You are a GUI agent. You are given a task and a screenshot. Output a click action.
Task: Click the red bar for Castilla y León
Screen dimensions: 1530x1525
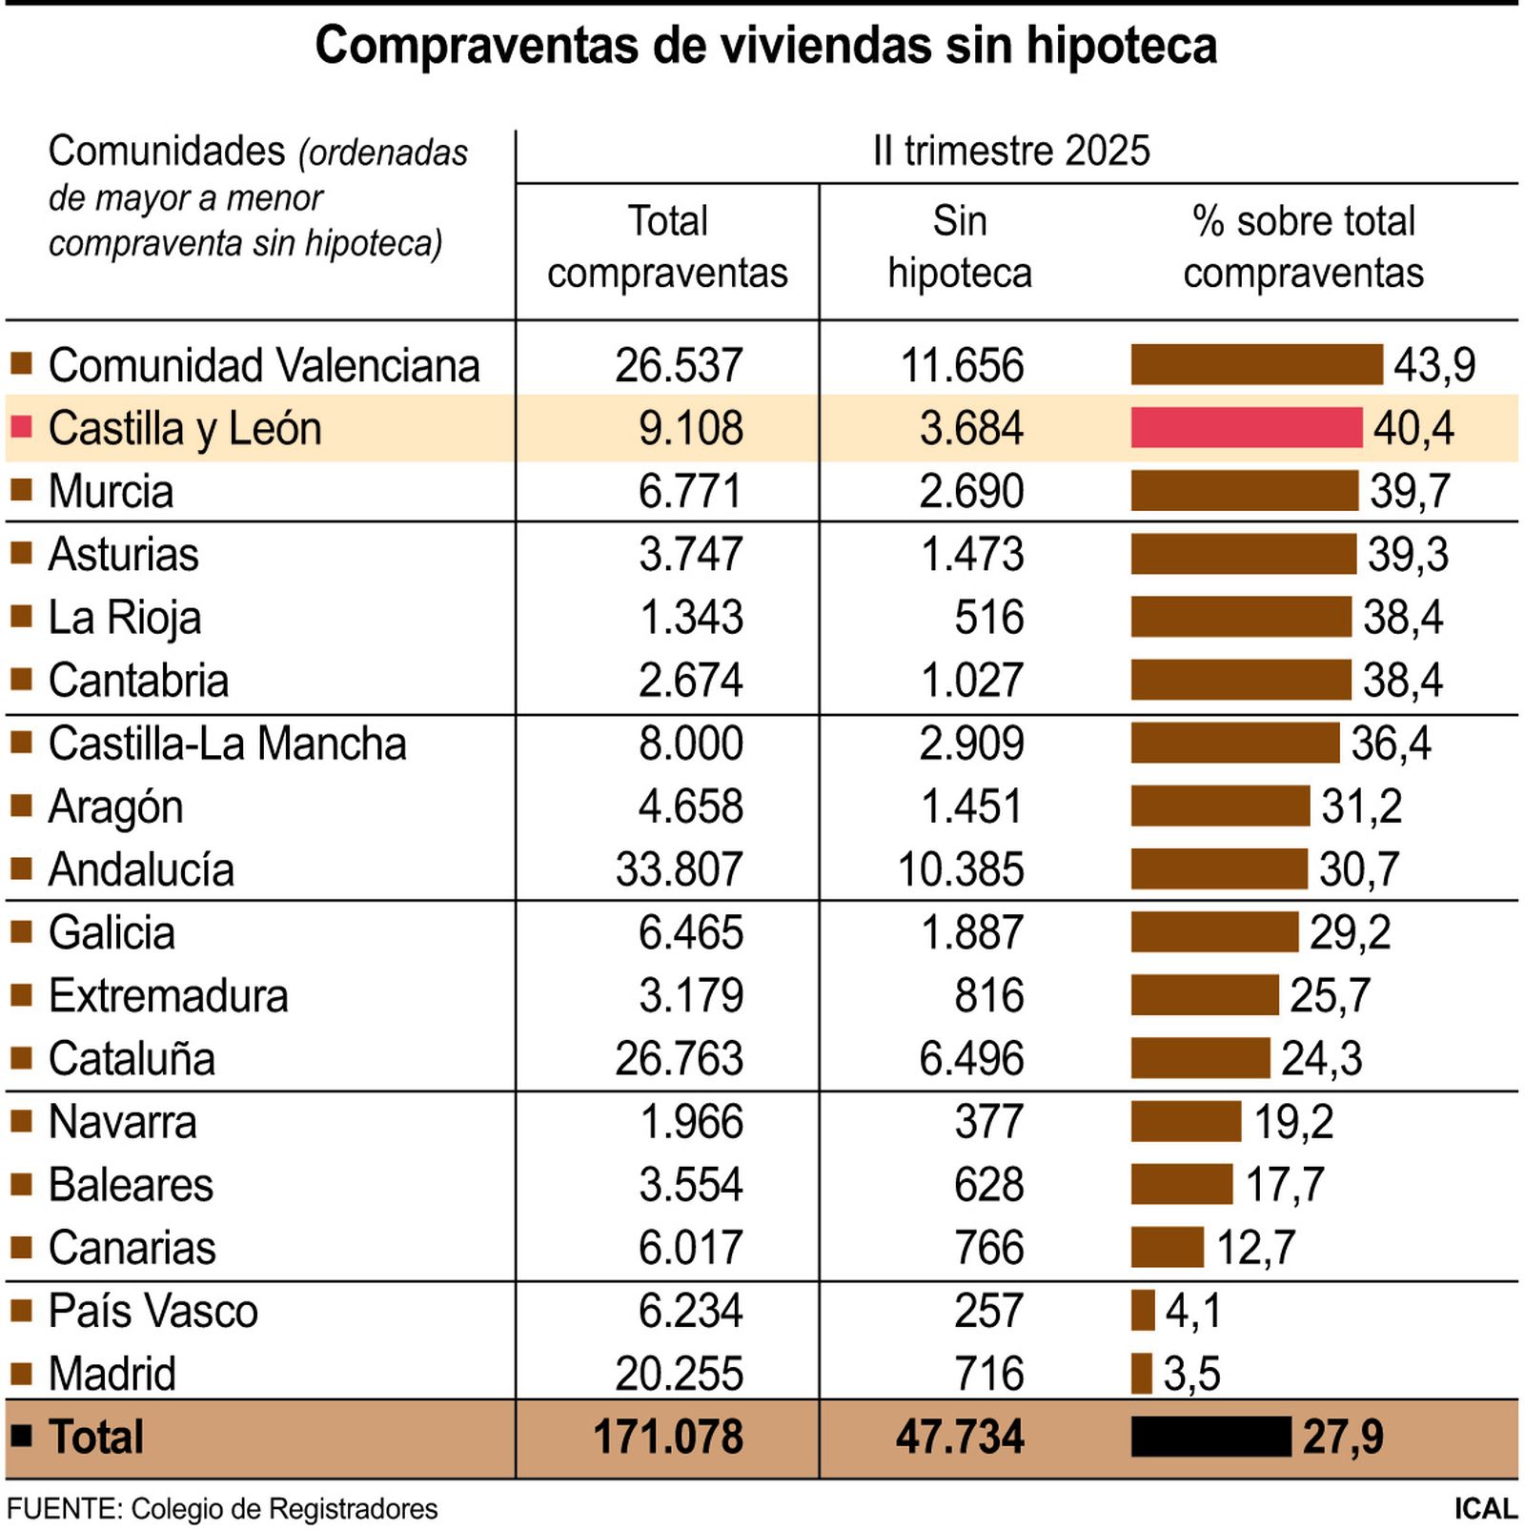[x=1246, y=427]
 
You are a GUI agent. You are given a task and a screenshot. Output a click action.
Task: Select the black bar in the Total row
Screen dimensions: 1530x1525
[x=1210, y=1437]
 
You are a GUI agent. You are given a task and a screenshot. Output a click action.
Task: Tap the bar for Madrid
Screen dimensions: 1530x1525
[x=1141, y=1374]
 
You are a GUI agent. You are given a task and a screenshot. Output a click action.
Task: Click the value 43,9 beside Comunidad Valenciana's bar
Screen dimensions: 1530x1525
[x=1434, y=365]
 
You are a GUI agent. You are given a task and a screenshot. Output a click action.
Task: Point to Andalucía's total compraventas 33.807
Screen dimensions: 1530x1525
[x=679, y=869]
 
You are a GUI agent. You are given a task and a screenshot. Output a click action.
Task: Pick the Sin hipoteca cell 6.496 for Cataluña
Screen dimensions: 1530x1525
[x=971, y=1058]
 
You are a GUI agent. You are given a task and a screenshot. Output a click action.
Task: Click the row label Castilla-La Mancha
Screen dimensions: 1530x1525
[x=227, y=744]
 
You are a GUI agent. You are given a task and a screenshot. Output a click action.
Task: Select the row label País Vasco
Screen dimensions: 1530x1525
[x=152, y=1311]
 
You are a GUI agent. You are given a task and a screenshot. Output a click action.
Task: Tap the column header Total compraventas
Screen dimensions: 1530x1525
[x=667, y=247]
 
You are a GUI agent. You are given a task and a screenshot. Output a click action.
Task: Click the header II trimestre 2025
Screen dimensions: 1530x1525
[x=1011, y=151]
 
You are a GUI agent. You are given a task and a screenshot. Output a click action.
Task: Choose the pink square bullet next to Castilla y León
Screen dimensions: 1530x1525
[x=21, y=426]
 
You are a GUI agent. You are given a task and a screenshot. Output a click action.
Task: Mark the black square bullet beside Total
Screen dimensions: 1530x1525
[x=21, y=1436]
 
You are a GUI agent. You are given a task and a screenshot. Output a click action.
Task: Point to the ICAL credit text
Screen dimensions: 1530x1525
[x=1485, y=1509]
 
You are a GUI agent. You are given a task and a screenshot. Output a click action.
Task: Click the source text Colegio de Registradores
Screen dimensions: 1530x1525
[x=284, y=1509]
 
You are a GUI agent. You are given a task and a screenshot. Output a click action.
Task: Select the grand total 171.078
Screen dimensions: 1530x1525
[x=667, y=1437]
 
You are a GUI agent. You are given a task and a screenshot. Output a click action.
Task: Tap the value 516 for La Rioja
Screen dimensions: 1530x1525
[x=989, y=617]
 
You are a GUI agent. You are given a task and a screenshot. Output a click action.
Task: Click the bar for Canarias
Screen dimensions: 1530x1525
[x=1167, y=1247]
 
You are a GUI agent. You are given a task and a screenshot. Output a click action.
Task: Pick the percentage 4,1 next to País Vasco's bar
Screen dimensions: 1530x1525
[x=1192, y=1311]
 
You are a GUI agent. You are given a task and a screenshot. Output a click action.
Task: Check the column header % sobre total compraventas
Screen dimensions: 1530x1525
[x=1303, y=247]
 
